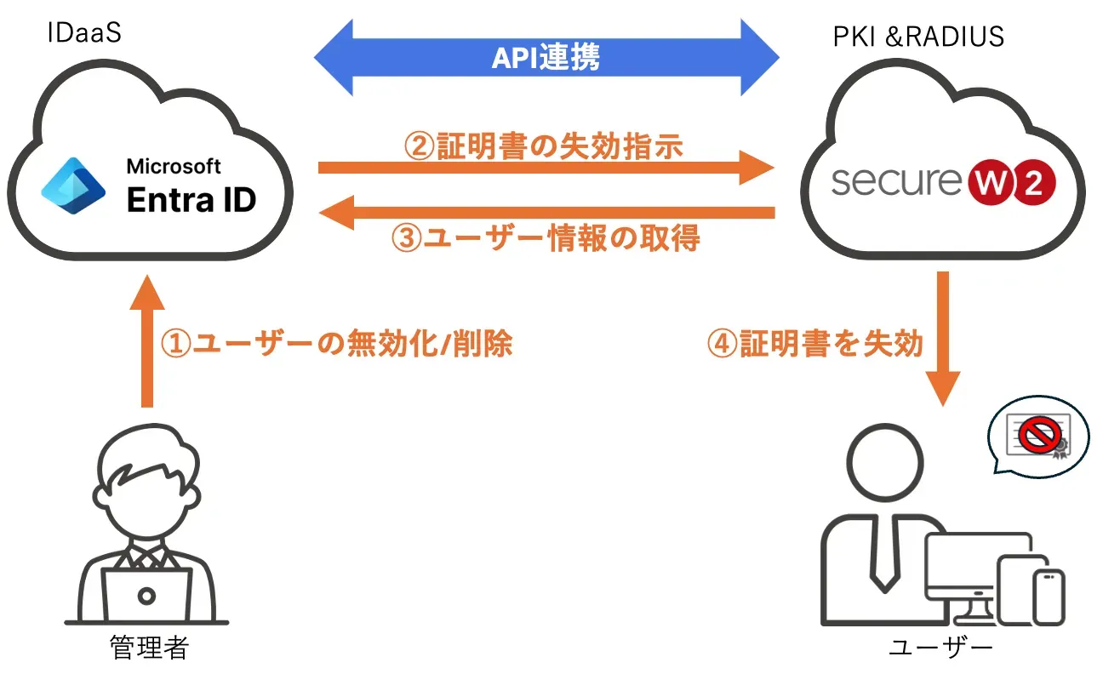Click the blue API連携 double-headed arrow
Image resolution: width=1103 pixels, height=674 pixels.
(546, 57)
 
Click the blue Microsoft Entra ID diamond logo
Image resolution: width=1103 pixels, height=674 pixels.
(73, 189)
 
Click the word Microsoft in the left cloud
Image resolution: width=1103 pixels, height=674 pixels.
(174, 166)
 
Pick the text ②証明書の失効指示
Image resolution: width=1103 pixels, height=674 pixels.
(543, 146)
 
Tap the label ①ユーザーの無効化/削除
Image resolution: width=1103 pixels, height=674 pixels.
(336, 344)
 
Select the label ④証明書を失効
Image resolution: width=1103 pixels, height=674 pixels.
(814, 344)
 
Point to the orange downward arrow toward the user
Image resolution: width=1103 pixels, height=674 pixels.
(943, 340)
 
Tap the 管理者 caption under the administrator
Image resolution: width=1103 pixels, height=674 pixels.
(148, 648)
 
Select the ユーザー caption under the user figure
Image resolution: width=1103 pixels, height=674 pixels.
(940, 648)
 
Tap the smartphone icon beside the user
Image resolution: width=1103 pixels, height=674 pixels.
(1049, 596)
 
